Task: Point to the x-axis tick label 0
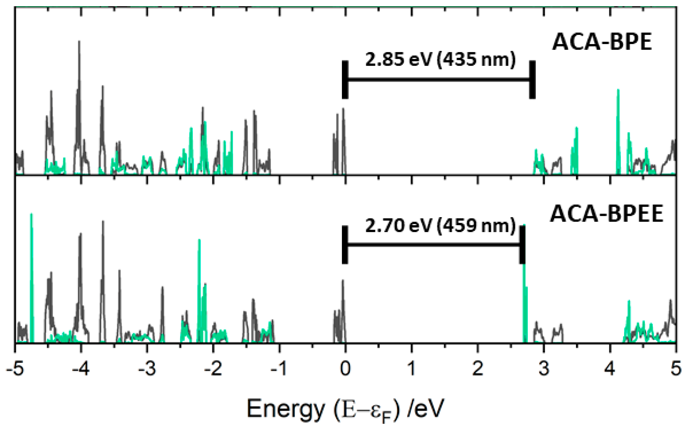coord(345,369)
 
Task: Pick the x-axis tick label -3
coord(147,369)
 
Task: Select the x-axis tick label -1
coord(279,369)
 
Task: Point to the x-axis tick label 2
coord(478,369)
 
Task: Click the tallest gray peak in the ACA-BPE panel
coord(79,42)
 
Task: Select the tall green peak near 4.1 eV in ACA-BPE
coord(618,91)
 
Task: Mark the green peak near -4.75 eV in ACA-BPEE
coord(31,215)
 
